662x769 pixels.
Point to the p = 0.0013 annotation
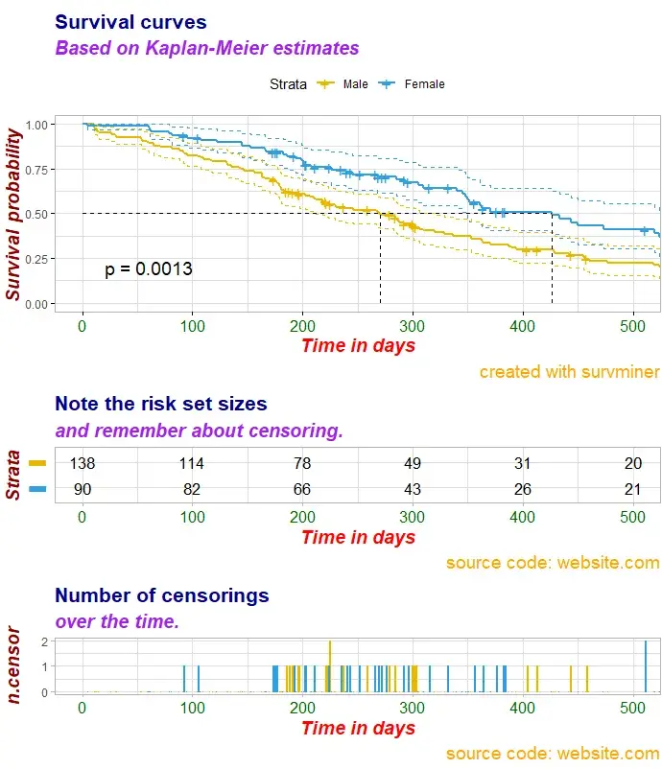pyautogui.click(x=149, y=269)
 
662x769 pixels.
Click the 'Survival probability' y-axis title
pyautogui.click(x=14, y=217)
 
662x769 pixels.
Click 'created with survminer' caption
pyautogui.click(x=569, y=371)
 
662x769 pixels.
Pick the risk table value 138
pyautogui.click(x=83, y=463)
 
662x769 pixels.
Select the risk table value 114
pyautogui.click(x=192, y=463)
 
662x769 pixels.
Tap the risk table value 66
pyautogui.click(x=302, y=490)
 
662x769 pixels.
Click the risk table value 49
pyautogui.click(x=413, y=463)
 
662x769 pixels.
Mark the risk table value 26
pyautogui.click(x=522, y=490)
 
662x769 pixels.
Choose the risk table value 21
pyautogui.click(x=633, y=490)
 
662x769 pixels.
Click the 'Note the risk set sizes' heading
pyautogui.click(x=161, y=404)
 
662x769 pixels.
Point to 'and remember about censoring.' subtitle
pyautogui.click(x=199, y=431)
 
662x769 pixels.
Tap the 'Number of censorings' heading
pyautogui.click(x=162, y=595)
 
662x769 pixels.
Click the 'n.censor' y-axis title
pyautogui.click(x=14, y=664)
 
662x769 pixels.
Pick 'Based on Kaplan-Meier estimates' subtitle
pyautogui.click(x=207, y=48)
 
